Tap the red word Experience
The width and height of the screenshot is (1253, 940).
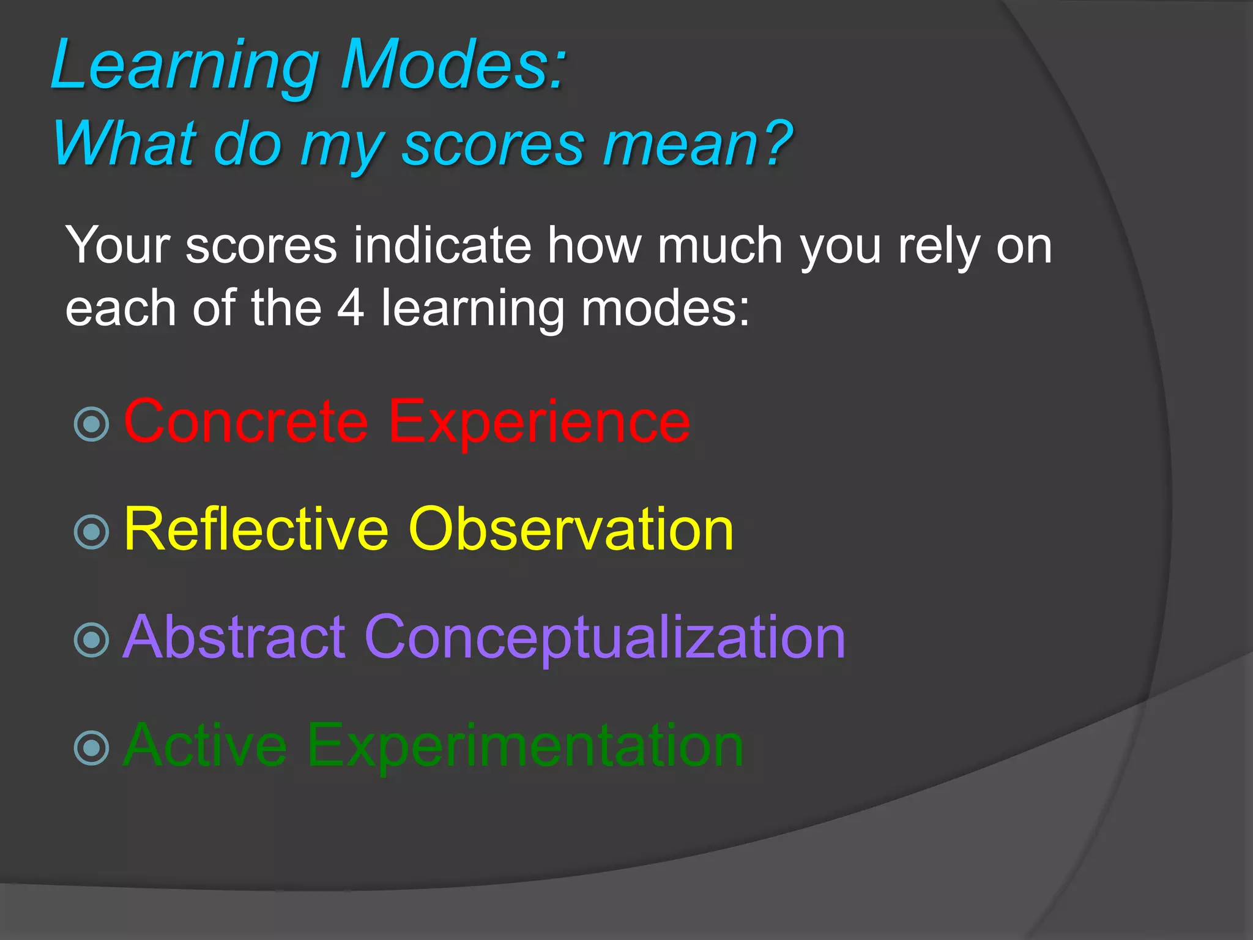(538, 422)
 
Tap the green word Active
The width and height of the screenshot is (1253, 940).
(205, 745)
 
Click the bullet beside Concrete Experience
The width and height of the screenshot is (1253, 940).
(92, 424)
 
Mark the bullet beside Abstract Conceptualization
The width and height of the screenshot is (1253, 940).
(92, 640)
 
